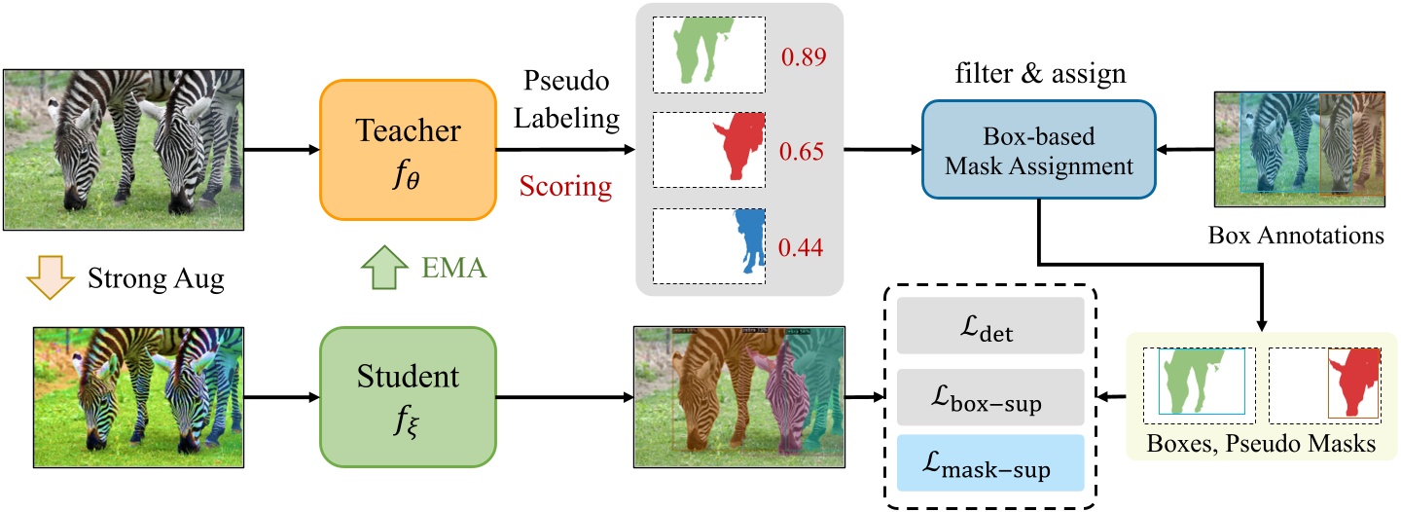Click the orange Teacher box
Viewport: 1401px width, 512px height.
click(408, 150)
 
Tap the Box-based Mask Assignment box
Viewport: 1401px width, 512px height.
click(1038, 151)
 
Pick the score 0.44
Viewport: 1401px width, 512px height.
click(803, 247)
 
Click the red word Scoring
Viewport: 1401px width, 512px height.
click(566, 186)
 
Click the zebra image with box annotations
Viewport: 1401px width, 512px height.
click(1299, 149)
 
